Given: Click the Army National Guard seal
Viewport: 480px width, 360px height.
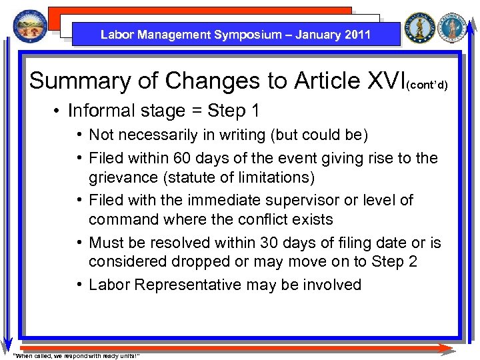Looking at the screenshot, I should pos(420,28).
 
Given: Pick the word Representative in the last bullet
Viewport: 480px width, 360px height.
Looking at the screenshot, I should pos(187,285).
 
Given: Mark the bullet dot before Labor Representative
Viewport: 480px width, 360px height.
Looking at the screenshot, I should pos(79,285).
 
